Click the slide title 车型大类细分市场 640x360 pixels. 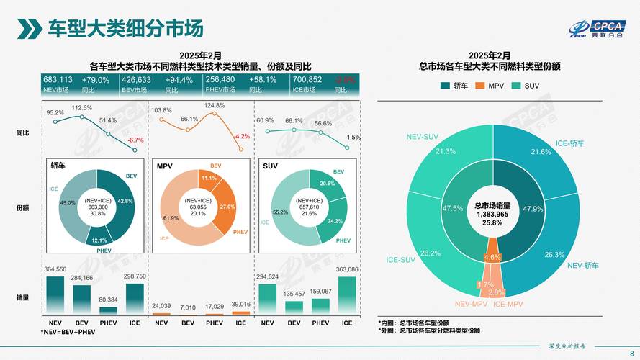pyautogui.click(x=125, y=28)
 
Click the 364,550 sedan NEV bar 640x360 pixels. pyautogui.click(x=55, y=295)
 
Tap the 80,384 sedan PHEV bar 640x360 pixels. pyautogui.click(x=109, y=310)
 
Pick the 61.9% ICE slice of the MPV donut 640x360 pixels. pyautogui.click(x=175, y=218)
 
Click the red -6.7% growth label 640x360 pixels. pyautogui.click(x=135, y=140)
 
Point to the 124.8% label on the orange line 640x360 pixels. pyautogui.click(x=215, y=106)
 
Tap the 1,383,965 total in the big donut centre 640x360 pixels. pyautogui.click(x=492, y=215)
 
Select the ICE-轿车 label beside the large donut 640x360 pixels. pyautogui.click(x=569, y=143)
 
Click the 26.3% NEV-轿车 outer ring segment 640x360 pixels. pyautogui.click(x=553, y=254)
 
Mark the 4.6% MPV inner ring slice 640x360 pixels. pyautogui.click(x=492, y=257)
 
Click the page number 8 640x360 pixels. pyautogui.click(x=631, y=352)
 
